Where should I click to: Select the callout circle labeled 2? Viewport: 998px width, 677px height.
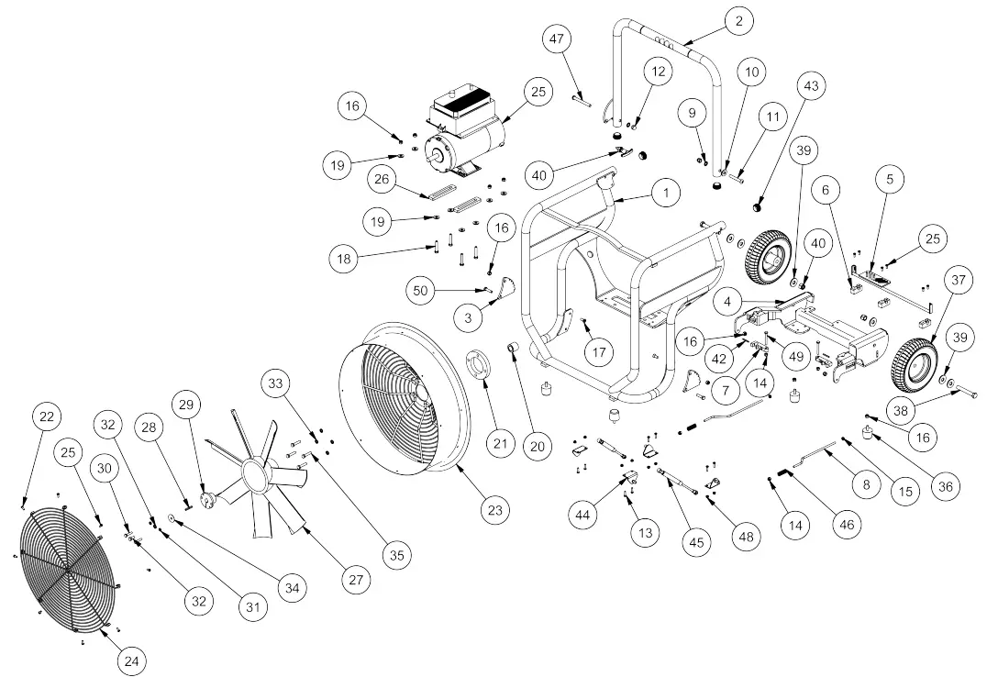coord(737,19)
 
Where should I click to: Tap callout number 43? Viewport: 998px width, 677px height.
coord(811,86)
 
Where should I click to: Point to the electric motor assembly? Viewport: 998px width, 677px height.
coord(465,136)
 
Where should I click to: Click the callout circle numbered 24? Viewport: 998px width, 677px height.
coord(132,659)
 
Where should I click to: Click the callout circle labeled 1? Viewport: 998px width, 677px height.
coord(665,193)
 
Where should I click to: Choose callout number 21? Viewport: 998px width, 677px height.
coord(499,444)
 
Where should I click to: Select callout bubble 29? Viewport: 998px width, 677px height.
coord(187,405)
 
